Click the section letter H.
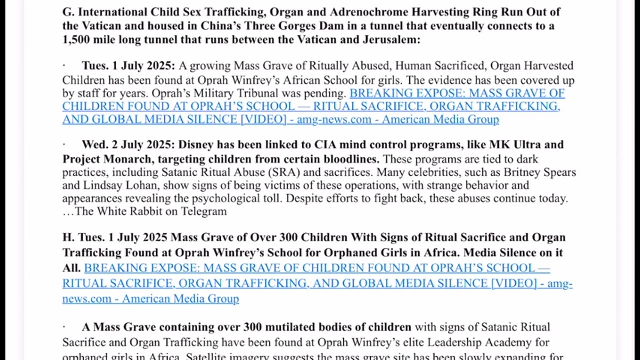68,237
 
